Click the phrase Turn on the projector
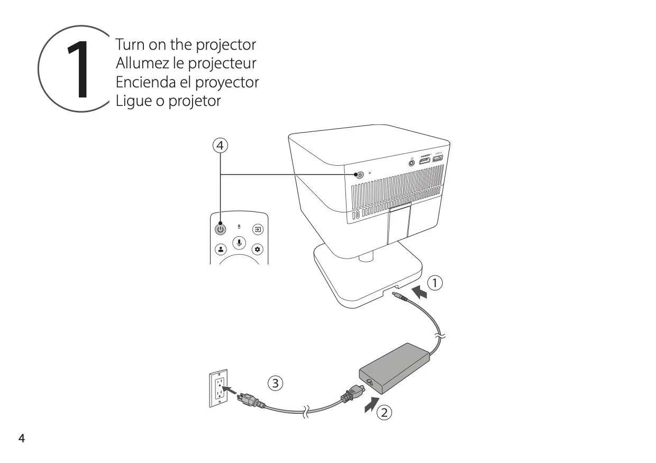click(x=185, y=44)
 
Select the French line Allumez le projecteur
click(x=186, y=63)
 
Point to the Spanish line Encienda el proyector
click(x=187, y=82)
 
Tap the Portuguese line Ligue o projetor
click(x=168, y=101)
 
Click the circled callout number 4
click(x=221, y=144)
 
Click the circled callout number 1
click(x=434, y=283)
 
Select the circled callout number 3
click(x=275, y=382)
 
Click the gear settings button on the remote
click(x=258, y=248)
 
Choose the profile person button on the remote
click(x=221, y=248)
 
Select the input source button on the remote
click(x=258, y=230)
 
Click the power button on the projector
click(x=360, y=175)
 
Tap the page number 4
click(x=22, y=439)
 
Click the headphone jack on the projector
click(x=413, y=163)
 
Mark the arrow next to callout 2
click(x=372, y=405)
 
